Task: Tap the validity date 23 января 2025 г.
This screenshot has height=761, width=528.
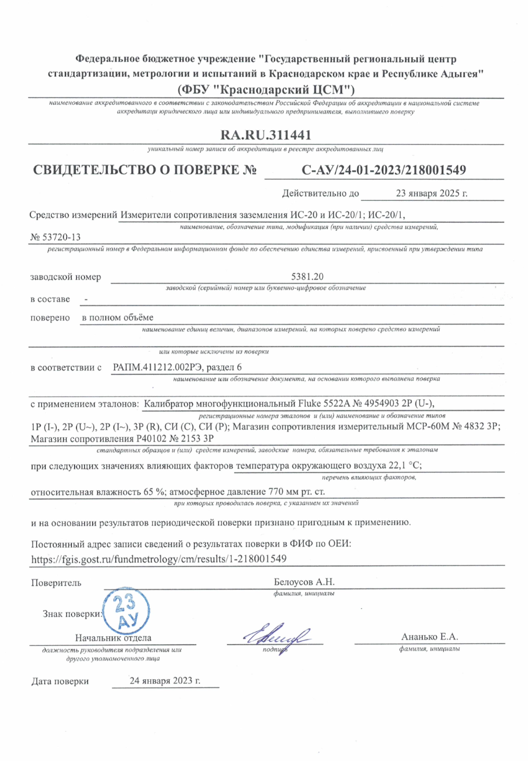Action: (432, 193)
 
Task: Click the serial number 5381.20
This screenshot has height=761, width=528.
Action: (306, 276)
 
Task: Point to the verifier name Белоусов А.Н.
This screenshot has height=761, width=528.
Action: (305, 582)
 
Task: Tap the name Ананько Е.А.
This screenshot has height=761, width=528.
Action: (430, 637)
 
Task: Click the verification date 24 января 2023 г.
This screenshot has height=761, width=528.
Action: (165, 681)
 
